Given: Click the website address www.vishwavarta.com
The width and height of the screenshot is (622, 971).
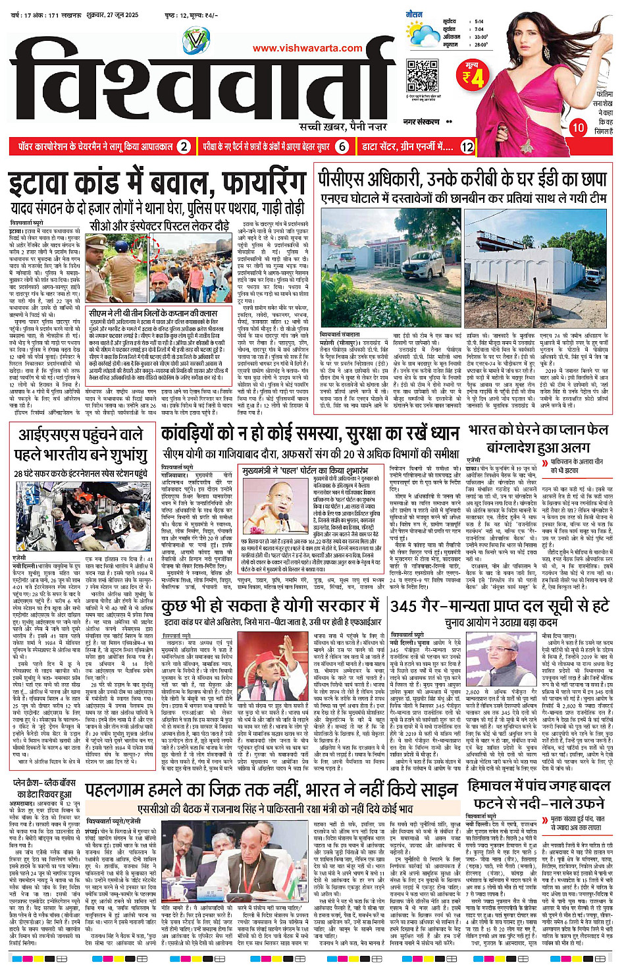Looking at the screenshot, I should pos(307,48).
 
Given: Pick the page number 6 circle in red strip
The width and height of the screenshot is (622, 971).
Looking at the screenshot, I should pos(342,146).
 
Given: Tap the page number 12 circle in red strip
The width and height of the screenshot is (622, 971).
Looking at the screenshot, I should pos(467,146).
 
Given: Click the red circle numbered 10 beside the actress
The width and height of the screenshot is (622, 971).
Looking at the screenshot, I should pos(577,127).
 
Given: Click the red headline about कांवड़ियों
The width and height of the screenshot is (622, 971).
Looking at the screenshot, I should pos(310,433).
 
